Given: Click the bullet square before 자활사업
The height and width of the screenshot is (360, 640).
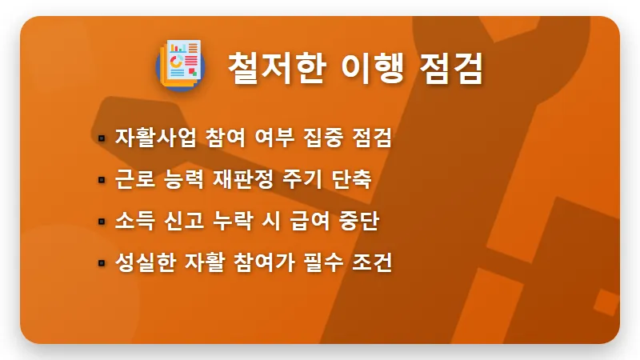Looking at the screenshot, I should coord(102,138).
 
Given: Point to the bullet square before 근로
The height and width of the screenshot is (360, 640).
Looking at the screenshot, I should coord(102,180).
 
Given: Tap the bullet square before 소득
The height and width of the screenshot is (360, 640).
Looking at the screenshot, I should coord(102,222).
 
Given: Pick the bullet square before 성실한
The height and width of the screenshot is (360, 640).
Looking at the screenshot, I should coord(102,262).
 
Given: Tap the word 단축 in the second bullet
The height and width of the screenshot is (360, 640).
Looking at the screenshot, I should coord(352,179).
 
